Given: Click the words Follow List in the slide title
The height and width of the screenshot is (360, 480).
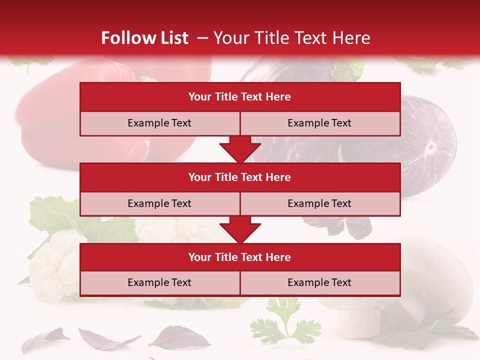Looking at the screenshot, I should pos(145,38).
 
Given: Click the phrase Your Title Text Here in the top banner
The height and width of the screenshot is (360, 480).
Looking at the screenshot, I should pos(292,38).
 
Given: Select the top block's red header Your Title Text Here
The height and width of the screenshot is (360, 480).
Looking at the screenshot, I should pos(240,97).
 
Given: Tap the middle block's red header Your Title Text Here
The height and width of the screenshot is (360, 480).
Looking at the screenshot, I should pos(240,177).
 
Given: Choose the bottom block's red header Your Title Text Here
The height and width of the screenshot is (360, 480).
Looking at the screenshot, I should pos(240,257).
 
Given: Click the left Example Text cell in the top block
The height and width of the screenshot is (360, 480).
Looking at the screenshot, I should pos(159,123).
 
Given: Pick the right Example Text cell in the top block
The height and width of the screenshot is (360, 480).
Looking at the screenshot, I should pos(319,123).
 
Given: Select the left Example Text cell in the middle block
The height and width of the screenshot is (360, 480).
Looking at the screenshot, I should pos(159,203).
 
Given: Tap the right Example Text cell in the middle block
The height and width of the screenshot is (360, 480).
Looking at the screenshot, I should pos(319,203).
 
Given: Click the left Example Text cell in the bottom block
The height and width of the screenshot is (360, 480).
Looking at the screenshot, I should pos(159,282).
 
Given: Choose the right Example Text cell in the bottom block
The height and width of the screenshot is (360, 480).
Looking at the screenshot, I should pos(319,282).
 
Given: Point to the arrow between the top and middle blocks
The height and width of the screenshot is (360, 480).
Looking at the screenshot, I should pos(240,149).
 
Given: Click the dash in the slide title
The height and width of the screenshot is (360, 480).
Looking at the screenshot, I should pos(202,38).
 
